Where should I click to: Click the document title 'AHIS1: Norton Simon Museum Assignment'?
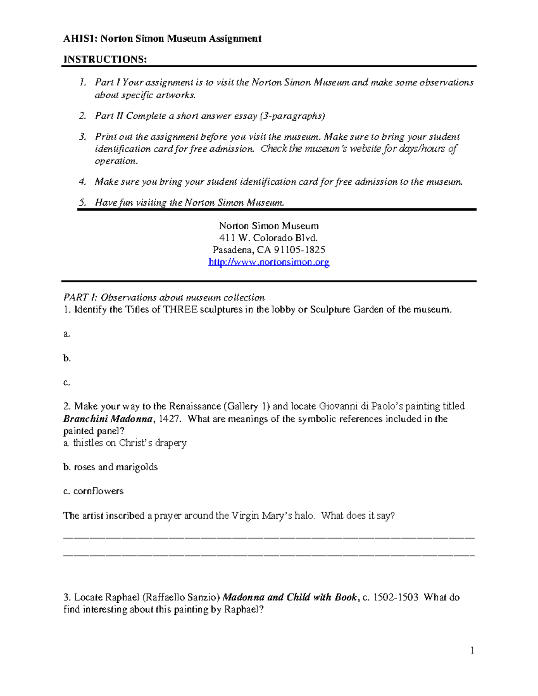(162, 39)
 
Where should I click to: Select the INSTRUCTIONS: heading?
(105, 60)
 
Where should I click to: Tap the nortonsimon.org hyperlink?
(269, 262)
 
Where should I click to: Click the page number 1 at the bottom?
(472, 650)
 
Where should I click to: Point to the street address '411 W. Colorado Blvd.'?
(269, 238)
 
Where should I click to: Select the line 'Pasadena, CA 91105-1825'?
(269, 250)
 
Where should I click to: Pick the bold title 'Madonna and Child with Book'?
(290, 597)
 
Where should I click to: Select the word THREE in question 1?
(180, 310)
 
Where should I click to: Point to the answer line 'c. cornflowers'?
(93, 491)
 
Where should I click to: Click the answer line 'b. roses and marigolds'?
(110, 467)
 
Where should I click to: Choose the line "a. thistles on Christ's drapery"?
(125, 443)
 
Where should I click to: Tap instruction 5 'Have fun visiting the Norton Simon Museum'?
(189, 203)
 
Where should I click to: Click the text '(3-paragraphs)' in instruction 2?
(292, 116)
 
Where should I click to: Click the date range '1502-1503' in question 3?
(396, 597)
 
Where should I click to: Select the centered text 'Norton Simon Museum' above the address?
(269, 226)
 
